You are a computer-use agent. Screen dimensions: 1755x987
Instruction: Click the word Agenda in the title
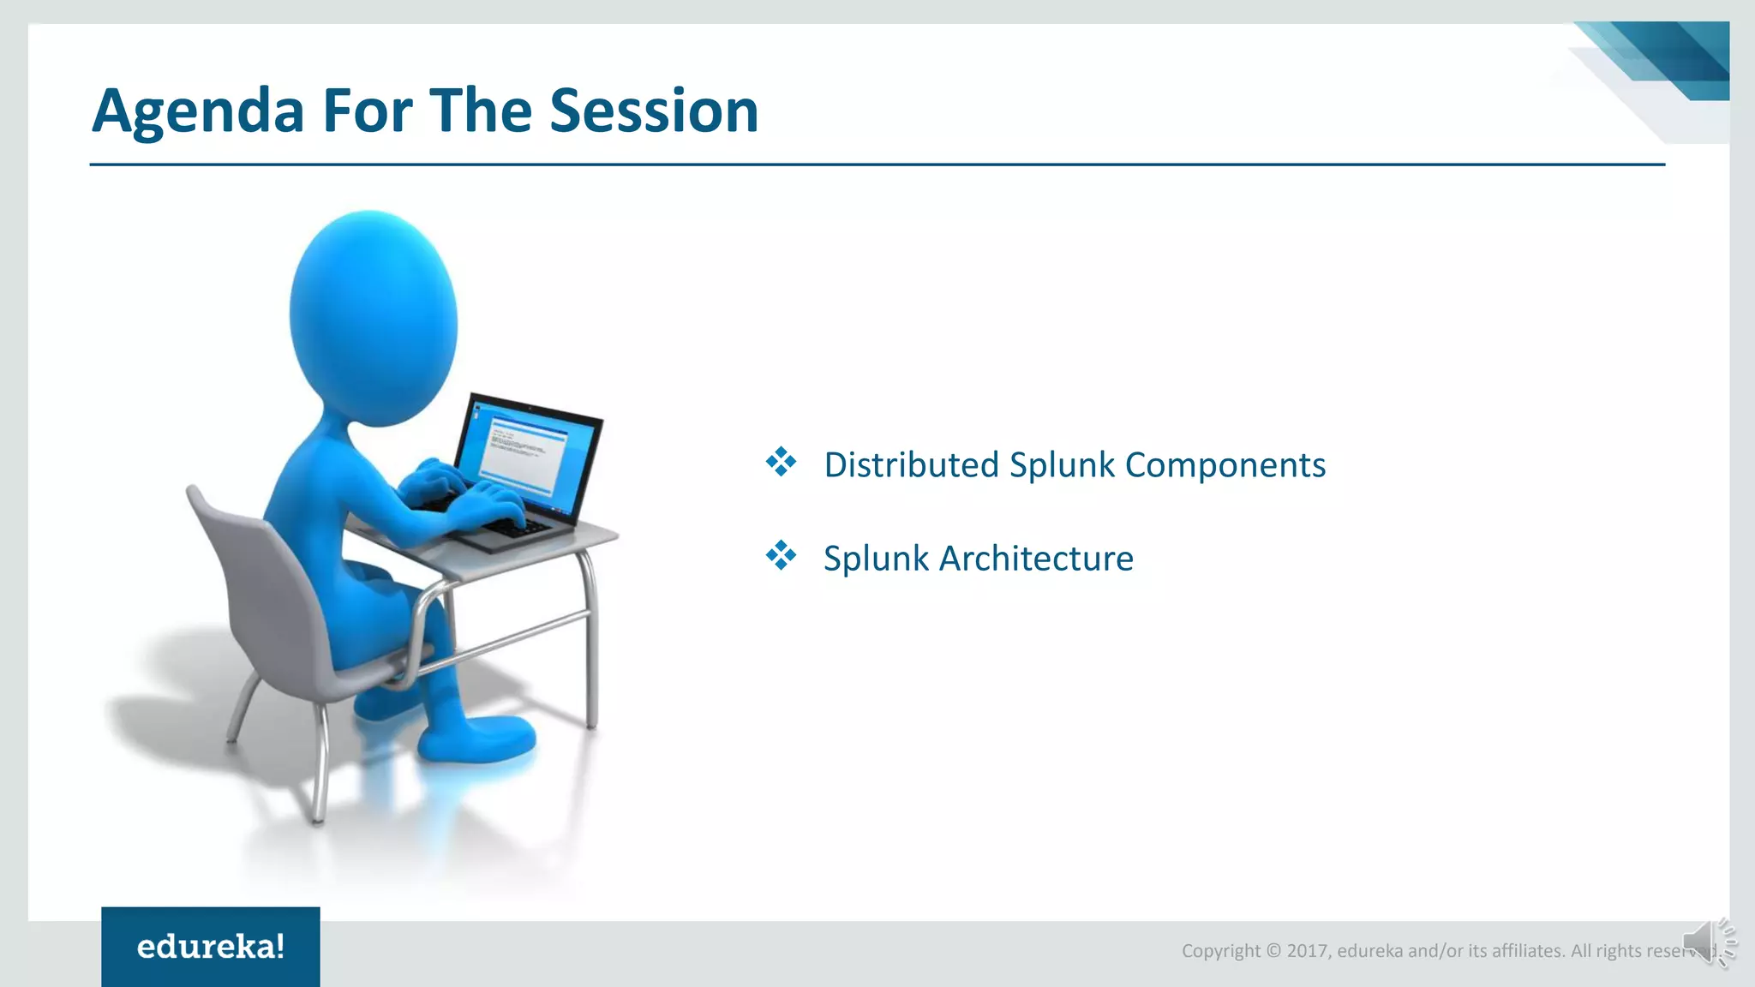pos(198,111)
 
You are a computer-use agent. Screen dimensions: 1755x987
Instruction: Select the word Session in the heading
pos(654,111)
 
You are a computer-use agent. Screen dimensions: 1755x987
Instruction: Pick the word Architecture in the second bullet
pos(1037,559)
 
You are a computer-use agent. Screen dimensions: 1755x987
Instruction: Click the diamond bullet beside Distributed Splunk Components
pos(781,462)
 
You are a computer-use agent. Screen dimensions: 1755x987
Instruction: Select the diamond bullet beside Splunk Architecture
pos(781,555)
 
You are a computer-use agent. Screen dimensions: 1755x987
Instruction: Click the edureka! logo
pos(211,947)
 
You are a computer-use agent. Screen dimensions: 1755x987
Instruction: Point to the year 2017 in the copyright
pos(1308,951)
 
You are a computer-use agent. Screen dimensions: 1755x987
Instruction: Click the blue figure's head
pos(373,319)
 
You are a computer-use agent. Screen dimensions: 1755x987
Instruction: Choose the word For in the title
pos(367,111)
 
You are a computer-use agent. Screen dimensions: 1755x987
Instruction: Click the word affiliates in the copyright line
pos(1528,951)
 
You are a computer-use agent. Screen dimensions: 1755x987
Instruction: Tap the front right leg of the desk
pos(590,643)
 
